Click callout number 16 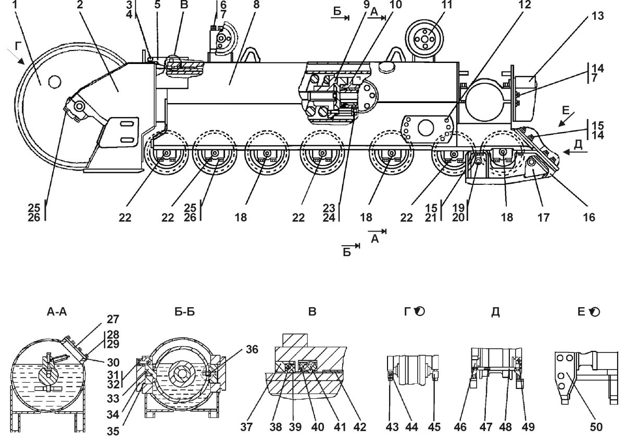589,217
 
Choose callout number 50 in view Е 596,427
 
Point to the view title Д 495,312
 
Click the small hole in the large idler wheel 53,81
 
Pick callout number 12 526,5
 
